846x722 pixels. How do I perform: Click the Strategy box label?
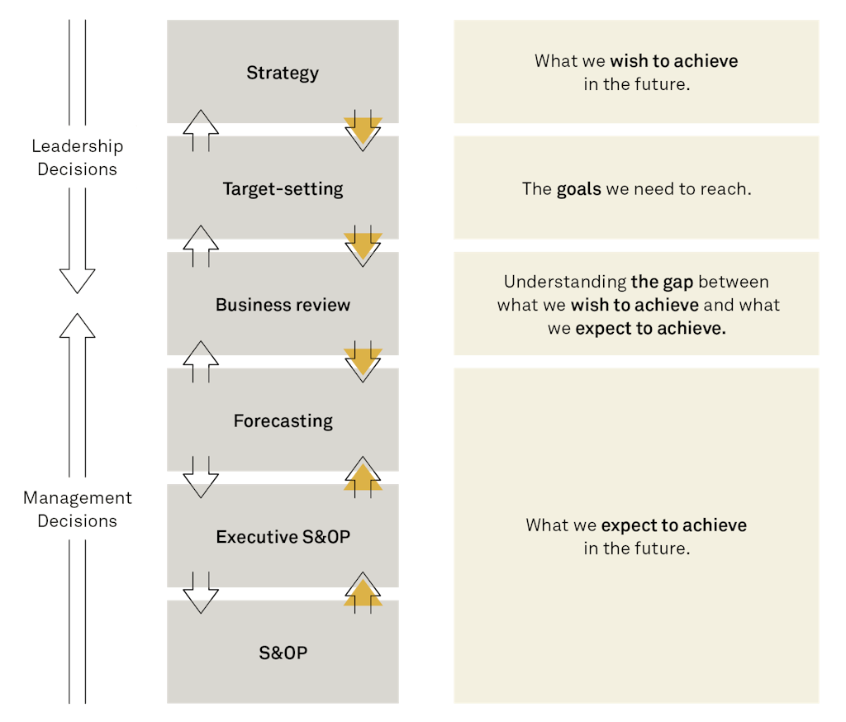(x=283, y=73)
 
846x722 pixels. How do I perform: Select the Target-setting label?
(x=283, y=189)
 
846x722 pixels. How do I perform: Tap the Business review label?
(x=283, y=305)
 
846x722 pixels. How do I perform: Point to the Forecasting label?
(x=283, y=421)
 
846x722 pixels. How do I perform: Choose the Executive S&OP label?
(x=283, y=537)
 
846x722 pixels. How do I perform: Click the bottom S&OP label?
(x=283, y=653)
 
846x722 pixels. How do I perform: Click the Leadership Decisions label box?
(x=77, y=158)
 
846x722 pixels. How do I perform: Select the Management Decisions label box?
(x=77, y=510)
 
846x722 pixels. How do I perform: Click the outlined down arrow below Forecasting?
(x=201, y=478)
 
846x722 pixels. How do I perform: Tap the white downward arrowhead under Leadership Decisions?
(x=77, y=281)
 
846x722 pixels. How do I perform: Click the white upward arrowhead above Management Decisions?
(x=77, y=326)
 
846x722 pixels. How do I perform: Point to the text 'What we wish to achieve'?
(x=635, y=61)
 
